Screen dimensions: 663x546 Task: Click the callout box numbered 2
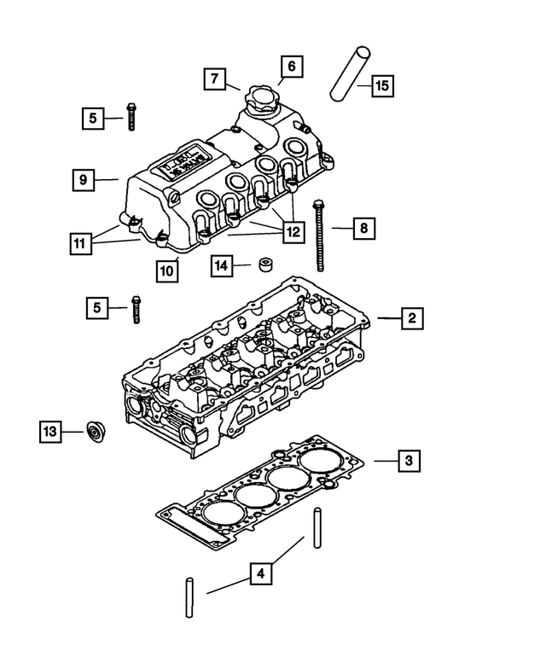[410, 318]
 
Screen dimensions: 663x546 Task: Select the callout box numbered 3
[409, 461]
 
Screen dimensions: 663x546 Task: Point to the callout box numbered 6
[290, 66]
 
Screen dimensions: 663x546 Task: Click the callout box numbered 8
[363, 228]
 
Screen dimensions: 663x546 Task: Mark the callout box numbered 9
[84, 179]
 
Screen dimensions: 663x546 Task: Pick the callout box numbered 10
[168, 270]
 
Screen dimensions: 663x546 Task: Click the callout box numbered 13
[51, 433]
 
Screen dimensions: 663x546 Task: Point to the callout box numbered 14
[222, 266]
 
